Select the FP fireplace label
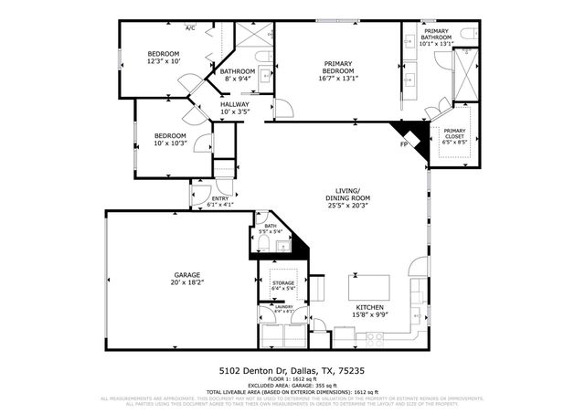(x=404, y=144)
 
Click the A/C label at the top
(x=191, y=29)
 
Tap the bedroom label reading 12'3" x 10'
(x=164, y=58)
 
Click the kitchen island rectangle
(x=368, y=284)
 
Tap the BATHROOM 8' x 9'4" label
(x=237, y=75)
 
